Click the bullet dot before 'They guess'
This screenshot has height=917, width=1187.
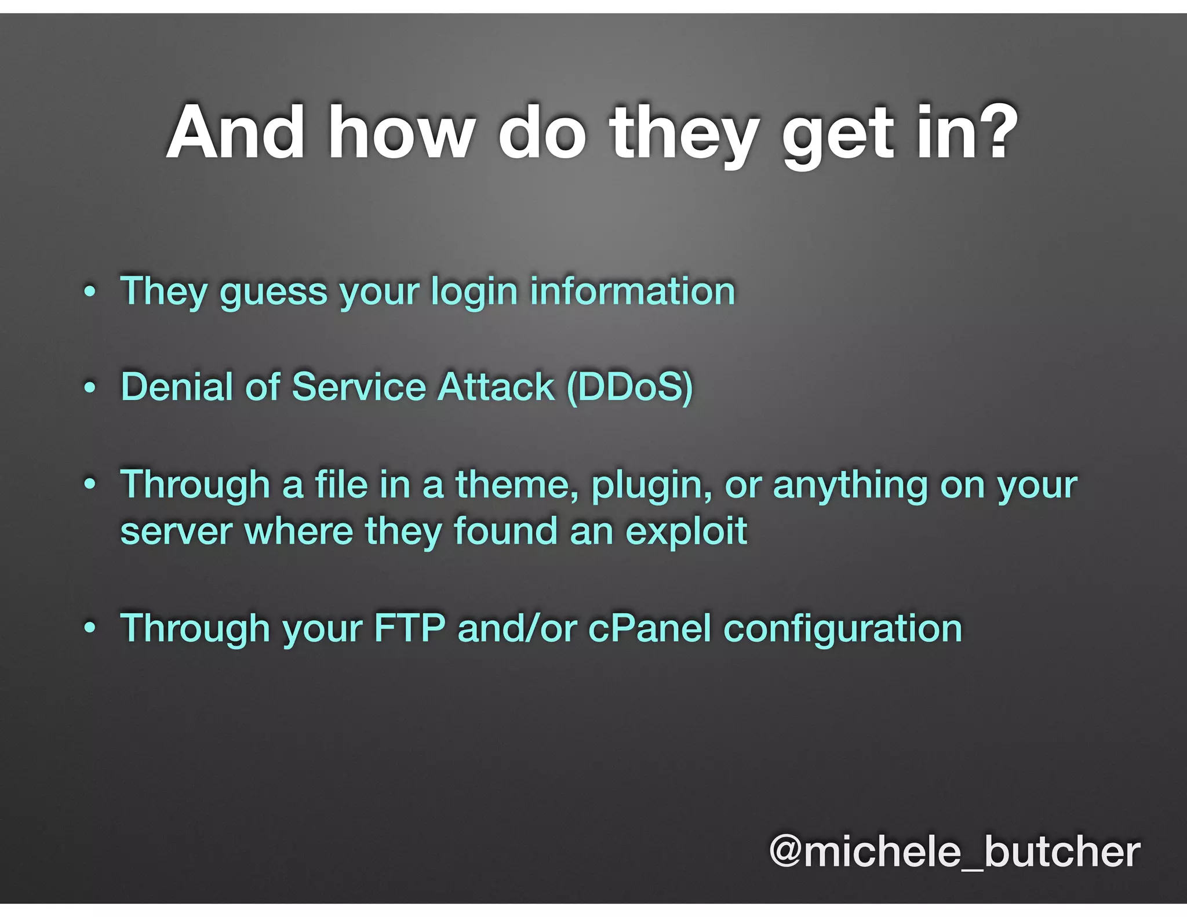89,291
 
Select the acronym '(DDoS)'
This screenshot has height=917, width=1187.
629,387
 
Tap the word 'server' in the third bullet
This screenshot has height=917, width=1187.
176,532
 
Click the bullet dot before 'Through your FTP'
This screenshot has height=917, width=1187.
89,628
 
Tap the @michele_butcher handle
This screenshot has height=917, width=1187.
955,852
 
